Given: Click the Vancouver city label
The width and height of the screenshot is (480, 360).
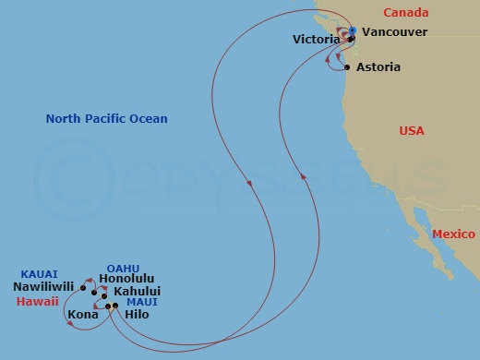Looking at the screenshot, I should coord(394,31).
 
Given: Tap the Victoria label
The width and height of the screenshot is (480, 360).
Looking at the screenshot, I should coord(316,40).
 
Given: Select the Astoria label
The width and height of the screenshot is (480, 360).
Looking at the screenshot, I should coord(379,67).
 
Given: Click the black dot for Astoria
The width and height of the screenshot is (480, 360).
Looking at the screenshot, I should coord(347,67).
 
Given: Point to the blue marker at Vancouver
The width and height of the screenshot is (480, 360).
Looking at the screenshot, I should coord(353,31).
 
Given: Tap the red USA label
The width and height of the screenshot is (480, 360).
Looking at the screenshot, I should coord(412,131).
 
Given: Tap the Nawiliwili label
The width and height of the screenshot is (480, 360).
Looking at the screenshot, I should coord(44,287).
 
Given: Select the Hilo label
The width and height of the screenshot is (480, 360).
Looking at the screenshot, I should coord(136,314).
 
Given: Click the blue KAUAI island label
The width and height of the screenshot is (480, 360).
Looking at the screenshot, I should coord(39,274).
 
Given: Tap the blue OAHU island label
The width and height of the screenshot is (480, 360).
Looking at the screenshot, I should coord(123,269).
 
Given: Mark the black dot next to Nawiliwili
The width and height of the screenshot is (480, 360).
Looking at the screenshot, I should coord(82,288).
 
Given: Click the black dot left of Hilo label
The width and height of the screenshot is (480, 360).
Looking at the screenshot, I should coord(114,306).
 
